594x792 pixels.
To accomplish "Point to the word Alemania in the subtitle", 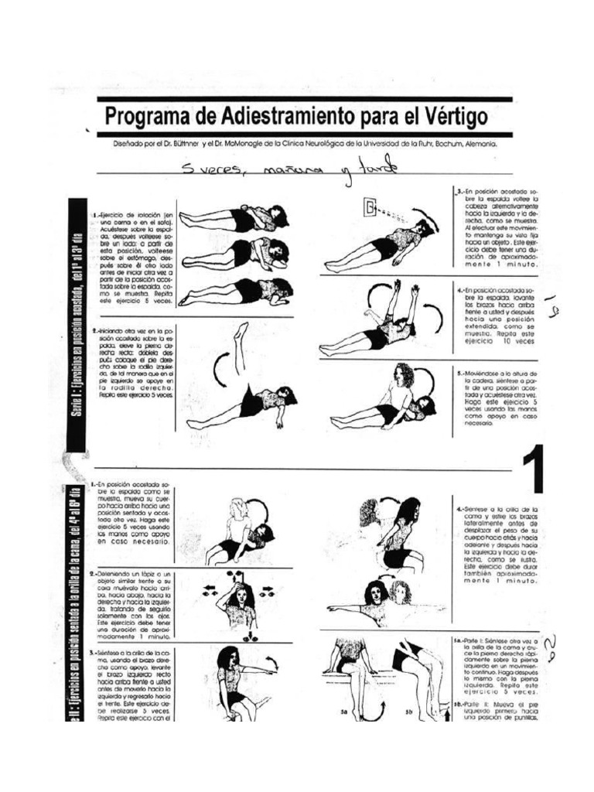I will [478, 144].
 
